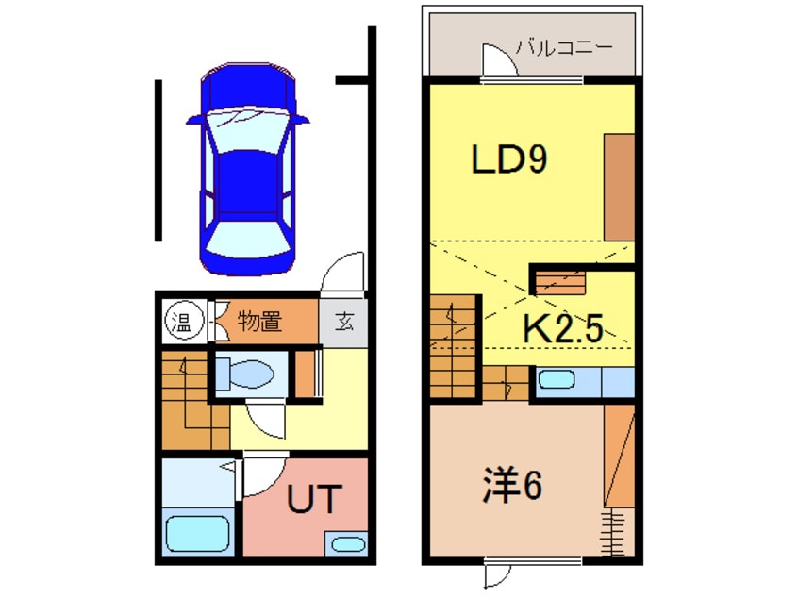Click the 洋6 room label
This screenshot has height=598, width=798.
pos(512,485)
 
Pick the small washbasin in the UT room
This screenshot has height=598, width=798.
pos(346,545)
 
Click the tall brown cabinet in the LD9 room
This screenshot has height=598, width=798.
pos(619,187)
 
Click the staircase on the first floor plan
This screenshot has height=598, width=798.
pos(188,401)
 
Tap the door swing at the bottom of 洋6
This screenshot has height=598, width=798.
pos(498,574)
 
